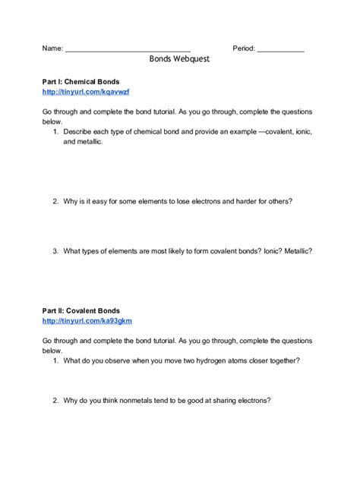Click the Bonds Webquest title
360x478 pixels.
[x=180, y=57]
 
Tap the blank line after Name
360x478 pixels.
[x=128, y=49]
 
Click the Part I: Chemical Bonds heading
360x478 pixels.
[x=81, y=80]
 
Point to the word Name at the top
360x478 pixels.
[x=52, y=47]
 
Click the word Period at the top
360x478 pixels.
[x=243, y=47]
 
